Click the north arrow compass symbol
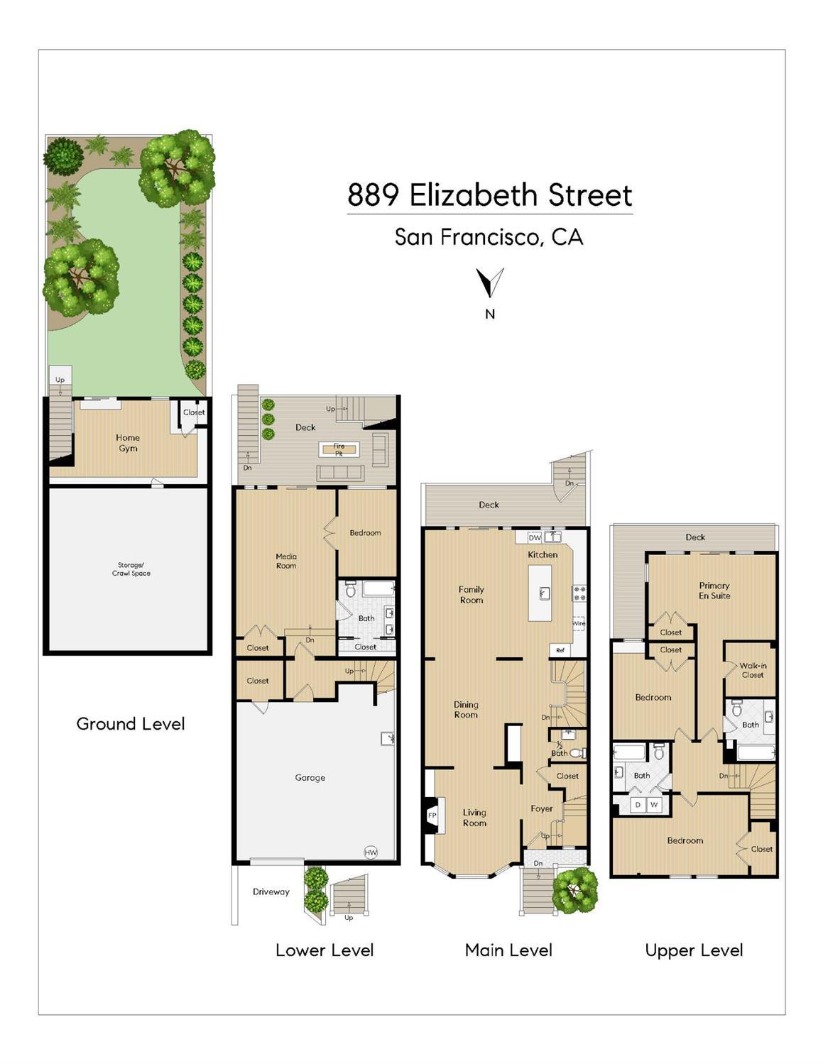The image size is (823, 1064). click(490, 283)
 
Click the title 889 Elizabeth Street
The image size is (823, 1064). click(489, 195)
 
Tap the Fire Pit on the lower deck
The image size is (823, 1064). click(339, 449)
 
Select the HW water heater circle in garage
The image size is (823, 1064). click(371, 852)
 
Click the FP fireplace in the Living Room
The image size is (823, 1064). click(432, 816)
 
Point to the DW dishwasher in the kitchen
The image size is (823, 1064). click(535, 537)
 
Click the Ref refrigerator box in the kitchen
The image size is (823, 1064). click(560, 650)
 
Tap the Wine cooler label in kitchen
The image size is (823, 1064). click(579, 623)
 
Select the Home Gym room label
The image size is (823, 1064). click(128, 443)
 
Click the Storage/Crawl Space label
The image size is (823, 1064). click(131, 569)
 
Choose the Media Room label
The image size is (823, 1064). click(286, 561)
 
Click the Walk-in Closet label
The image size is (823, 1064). click(753, 670)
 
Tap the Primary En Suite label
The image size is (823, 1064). click(714, 591)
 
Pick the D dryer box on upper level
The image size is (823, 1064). click(638, 804)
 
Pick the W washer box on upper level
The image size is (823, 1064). click(654, 804)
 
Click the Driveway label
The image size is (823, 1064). click(271, 892)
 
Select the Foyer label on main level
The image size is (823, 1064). click(542, 808)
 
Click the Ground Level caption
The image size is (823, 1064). click(131, 724)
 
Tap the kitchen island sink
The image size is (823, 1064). click(545, 593)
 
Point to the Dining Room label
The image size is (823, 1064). click(466, 710)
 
